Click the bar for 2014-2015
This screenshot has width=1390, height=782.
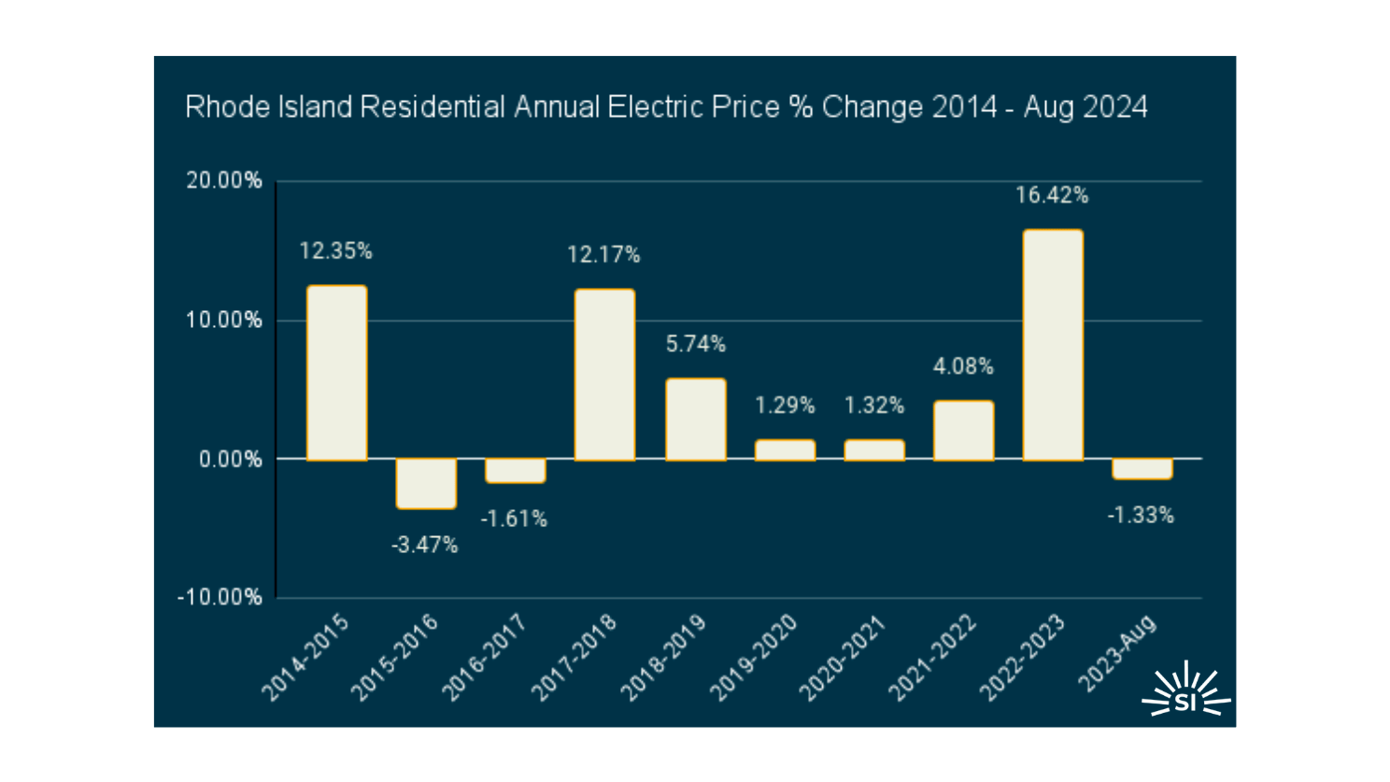(336, 373)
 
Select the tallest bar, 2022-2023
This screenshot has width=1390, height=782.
(1053, 345)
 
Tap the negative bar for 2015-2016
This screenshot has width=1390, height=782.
(426, 483)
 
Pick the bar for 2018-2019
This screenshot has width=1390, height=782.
(695, 419)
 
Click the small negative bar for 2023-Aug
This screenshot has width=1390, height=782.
(1142, 469)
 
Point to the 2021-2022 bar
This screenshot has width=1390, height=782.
(963, 431)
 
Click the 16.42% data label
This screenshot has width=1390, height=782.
(1052, 195)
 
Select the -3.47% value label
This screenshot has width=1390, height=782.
(425, 546)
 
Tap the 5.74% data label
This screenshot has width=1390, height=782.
(695, 345)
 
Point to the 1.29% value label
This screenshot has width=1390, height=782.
(785, 405)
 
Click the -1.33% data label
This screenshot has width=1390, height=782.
(1141, 516)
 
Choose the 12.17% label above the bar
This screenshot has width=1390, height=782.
(603, 254)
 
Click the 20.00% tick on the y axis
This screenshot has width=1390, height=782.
(224, 180)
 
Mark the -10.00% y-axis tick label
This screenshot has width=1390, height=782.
(220, 597)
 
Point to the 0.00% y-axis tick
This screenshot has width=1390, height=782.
(230, 459)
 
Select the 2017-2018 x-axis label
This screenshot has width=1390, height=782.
(574, 658)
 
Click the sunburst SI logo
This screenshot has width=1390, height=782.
(1185, 691)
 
